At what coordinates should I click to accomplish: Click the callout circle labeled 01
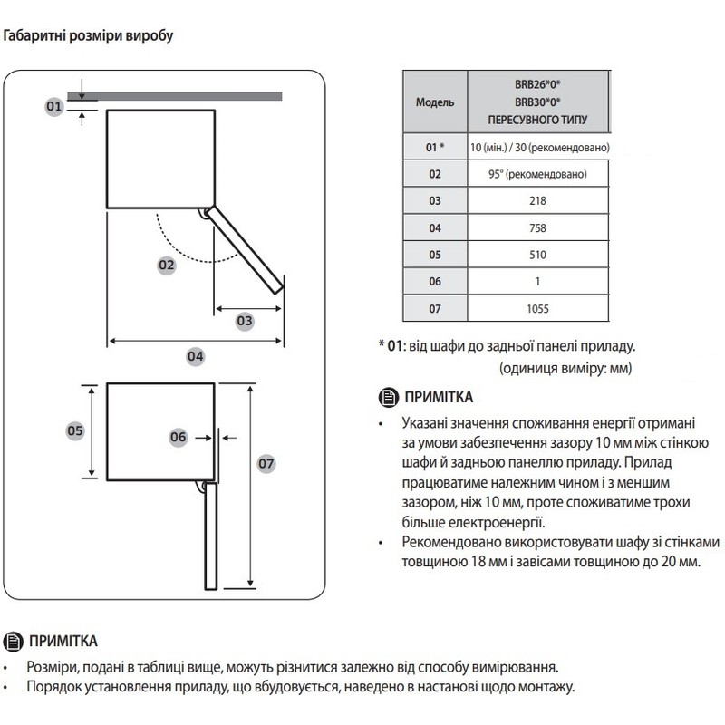[x=53, y=106]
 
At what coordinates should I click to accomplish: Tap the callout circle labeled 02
[x=165, y=266]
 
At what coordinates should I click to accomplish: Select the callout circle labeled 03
[x=245, y=320]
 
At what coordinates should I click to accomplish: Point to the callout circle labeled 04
[x=196, y=356]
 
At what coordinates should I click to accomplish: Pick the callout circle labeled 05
[x=75, y=431]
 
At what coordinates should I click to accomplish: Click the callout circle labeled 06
[x=178, y=437]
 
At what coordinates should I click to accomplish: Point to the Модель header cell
[x=434, y=103]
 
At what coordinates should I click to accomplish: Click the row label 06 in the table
[x=434, y=282]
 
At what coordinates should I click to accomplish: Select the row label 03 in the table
[x=434, y=200]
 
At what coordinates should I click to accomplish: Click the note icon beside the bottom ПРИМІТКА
[x=14, y=641]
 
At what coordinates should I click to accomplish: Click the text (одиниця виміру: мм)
[x=565, y=369]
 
